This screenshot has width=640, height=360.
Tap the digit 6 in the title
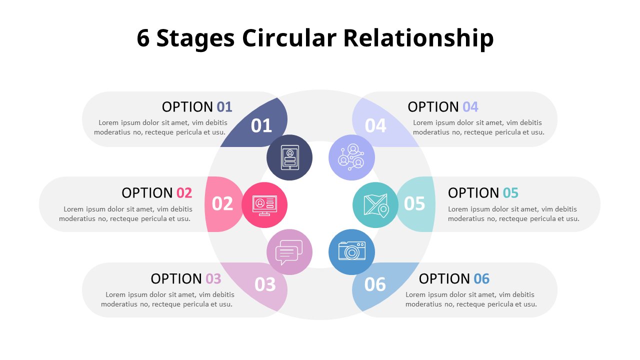[x=143, y=38]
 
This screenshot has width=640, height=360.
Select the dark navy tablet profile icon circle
[x=289, y=157]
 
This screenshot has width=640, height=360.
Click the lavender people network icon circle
[x=351, y=157]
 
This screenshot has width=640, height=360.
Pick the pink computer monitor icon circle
[x=264, y=204]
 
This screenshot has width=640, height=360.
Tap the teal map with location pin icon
[x=375, y=204]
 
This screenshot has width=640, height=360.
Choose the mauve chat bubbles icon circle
[x=289, y=251]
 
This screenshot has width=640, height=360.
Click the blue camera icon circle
[x=351, y=251]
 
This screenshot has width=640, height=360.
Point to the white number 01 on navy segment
[x=261, y=126]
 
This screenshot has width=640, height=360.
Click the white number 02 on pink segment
[x=222, y=204]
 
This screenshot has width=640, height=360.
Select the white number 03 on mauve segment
[x=265, y=284]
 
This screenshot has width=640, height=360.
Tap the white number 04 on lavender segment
[x=375, y=126]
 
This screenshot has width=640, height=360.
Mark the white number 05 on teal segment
[x=414, y=204]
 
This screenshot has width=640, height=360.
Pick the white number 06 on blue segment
[x=375, y=284]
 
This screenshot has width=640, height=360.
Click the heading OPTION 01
[x=197, y=107]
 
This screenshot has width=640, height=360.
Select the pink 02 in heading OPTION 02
[x=184, y=193]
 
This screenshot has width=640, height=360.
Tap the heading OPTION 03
[x=185, y=279]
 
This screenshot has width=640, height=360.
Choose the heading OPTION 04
[x=443, y=107]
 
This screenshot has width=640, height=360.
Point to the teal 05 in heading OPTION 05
[x=510, y=193]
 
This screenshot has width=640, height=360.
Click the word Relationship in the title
[x=418, y=38]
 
